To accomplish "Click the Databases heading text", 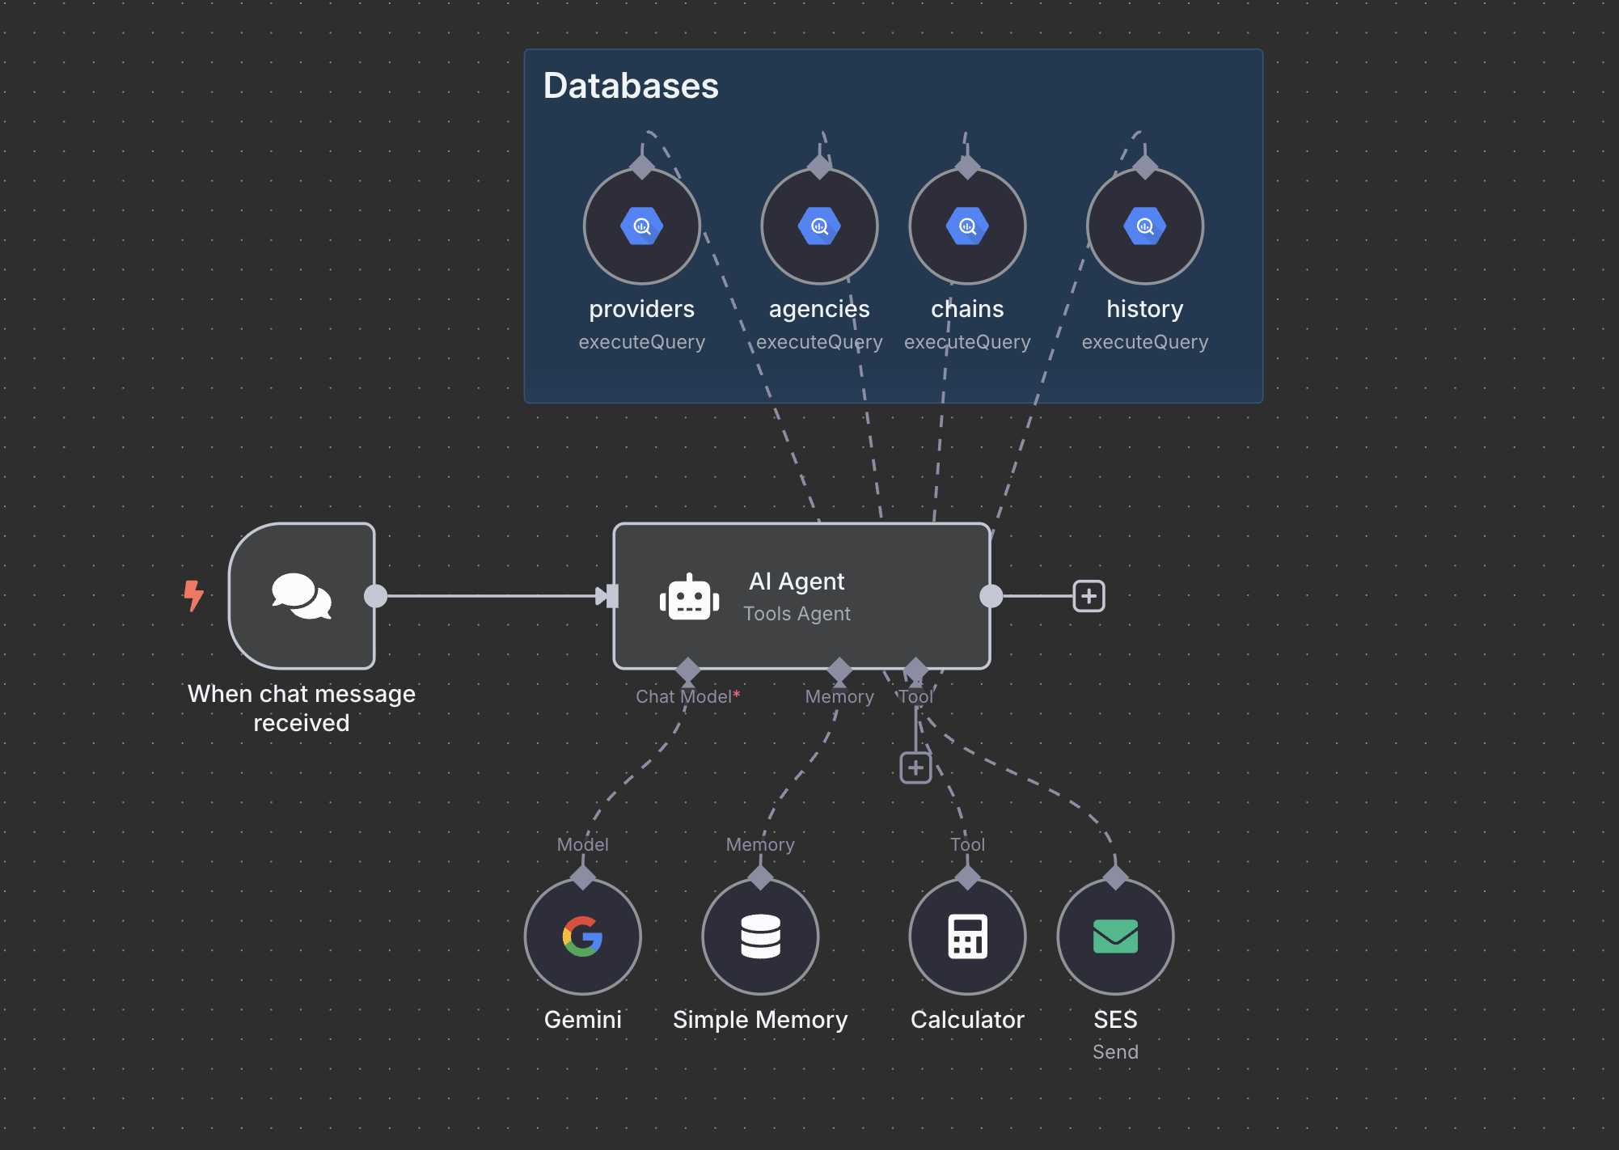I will click(631, 86).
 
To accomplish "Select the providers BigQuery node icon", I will click(642, 226).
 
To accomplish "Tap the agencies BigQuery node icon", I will click(819, 226).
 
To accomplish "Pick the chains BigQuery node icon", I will click(967, 226).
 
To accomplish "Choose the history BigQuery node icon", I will click(1145, 226).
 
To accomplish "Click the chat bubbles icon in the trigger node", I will click(302, 596).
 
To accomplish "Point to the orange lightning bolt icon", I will click(193, 595).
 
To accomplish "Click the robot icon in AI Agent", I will click(689, 598).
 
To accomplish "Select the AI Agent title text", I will click(797, 581).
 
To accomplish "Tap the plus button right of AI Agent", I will click(1088, 596).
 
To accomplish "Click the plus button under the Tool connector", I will click(915, 767).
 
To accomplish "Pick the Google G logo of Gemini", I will click(583, 936).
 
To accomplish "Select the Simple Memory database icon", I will click(760, 936).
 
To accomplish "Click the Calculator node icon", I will click(967, 936).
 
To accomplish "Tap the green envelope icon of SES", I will click(1115, 936).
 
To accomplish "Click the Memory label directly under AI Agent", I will click(839, 697).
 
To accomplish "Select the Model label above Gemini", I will click(582, 844).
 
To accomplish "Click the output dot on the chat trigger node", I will click(375, 596).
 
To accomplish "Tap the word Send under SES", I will click(1115, 1052).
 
